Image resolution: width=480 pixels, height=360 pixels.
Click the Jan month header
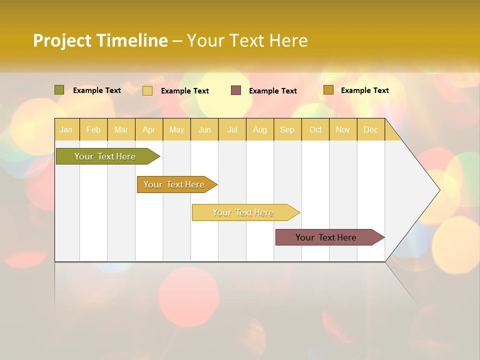coord(66,129)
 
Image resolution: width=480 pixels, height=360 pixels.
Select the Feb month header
coord(93,129)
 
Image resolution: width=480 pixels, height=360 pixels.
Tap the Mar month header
coord(121,129)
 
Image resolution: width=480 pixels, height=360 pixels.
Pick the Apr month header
coord(149,129)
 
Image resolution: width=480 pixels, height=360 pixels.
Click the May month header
coord(176,129)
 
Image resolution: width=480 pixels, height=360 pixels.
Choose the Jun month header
coord(204,129)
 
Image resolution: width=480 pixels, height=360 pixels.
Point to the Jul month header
coord(232,129)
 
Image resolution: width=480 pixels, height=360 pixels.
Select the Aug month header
coord(260,129)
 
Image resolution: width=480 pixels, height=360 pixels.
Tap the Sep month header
coord(287,129)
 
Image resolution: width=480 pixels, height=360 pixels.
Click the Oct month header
coord(315,129)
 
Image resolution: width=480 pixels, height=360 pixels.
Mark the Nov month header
coord(343,129)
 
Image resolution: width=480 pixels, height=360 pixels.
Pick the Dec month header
coord(371,129)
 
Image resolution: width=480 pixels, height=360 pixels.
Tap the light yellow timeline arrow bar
coord(244,212)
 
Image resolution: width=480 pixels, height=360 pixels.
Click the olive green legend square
coord(59,90)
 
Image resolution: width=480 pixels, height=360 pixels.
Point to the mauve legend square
coord(236,90)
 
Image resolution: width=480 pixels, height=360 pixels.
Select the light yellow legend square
coord(147,90)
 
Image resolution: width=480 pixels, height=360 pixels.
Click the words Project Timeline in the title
coord(100,40)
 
